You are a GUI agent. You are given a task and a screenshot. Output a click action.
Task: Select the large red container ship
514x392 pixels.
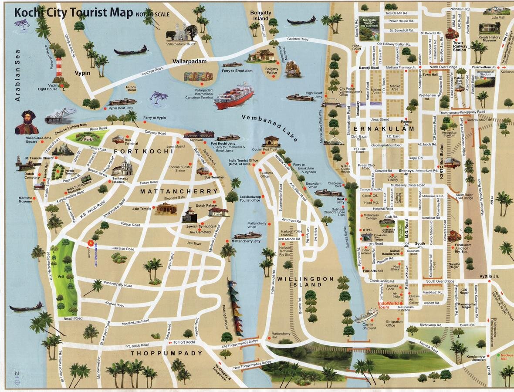(233, 96)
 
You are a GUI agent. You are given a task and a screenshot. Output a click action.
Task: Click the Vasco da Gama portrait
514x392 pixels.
(27, 122)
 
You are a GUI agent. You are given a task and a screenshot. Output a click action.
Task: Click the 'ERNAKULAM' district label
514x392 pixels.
(384, 129)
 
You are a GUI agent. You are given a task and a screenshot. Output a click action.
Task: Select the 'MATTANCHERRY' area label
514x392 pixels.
(179, 191)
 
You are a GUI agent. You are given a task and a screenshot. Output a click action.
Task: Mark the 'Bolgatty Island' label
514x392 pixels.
(260, 16)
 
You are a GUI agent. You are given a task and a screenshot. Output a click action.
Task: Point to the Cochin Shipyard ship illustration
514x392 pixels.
(366, 315)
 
